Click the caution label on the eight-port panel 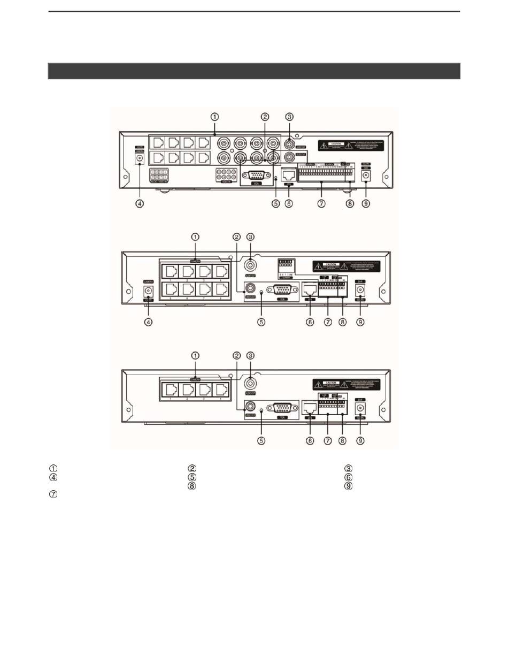pos(346,266)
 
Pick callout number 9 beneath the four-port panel pos(360,441)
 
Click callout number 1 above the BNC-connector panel pos(214,117)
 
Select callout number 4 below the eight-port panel pos(149,323)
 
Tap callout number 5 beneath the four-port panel pos(261,441)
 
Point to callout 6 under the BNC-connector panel pos(289,204)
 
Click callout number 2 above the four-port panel pos(237,355)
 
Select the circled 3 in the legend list pos(349,468)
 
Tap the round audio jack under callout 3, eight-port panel pos(250,265)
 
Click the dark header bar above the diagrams pos(254,71)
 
